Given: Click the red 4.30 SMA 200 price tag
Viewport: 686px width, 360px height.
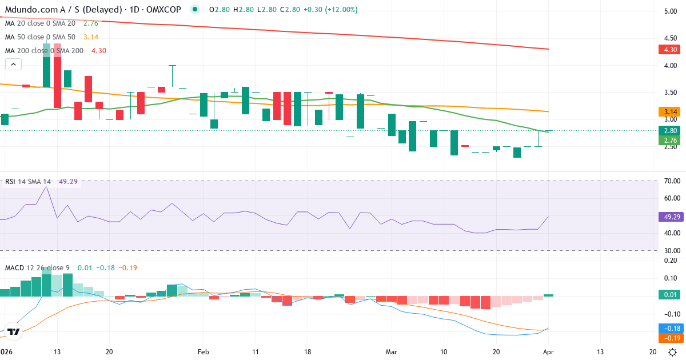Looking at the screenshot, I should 671,50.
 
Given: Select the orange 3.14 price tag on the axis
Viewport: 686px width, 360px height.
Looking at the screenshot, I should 671,112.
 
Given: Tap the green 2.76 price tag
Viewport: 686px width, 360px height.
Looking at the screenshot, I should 671,140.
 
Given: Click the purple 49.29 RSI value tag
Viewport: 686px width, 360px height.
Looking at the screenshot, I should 671,217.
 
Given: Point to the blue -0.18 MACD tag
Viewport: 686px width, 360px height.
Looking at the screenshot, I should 671,329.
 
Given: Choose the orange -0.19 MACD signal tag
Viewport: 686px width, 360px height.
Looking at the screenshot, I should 671,338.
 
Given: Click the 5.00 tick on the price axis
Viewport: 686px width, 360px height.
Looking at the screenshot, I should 670,11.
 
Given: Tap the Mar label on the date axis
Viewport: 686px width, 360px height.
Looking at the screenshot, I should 391,352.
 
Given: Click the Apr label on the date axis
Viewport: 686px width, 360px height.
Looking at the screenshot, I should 548,352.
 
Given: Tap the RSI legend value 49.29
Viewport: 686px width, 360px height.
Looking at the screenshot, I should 70,182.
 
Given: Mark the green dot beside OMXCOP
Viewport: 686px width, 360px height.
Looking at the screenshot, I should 195,10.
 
